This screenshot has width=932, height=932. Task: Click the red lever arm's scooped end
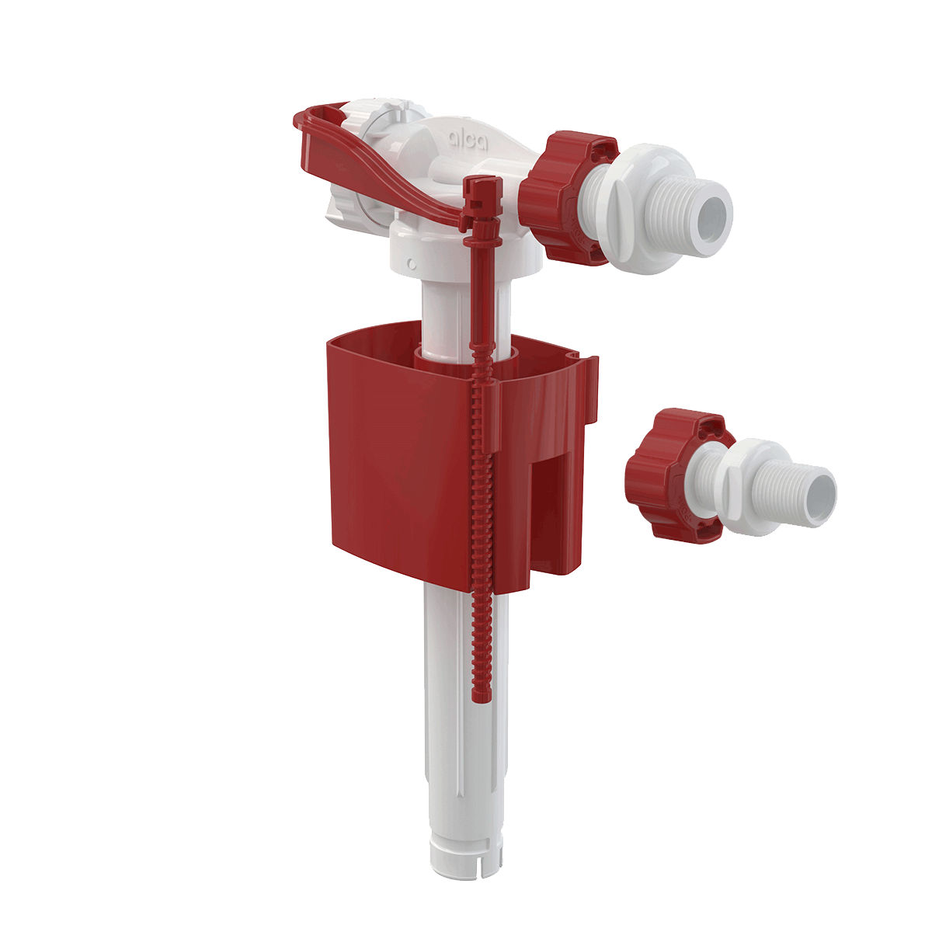click(318, 128)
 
